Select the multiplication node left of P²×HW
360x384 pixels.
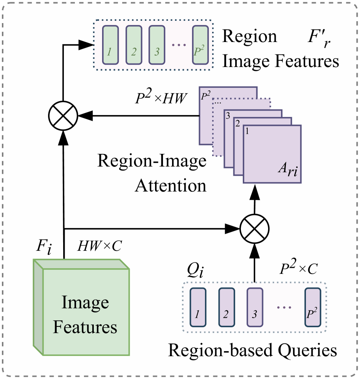tap(63, 114)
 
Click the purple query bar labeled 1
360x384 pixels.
tap(198, 307)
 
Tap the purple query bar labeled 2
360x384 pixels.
tap(226, 307)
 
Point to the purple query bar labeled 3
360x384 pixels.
tap(254, 307)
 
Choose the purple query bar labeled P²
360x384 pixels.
tap(312, 307)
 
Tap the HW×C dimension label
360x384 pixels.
tap(99, 246)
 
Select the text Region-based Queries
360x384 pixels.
tap(252, 350)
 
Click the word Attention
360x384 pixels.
tap(171, 186)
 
